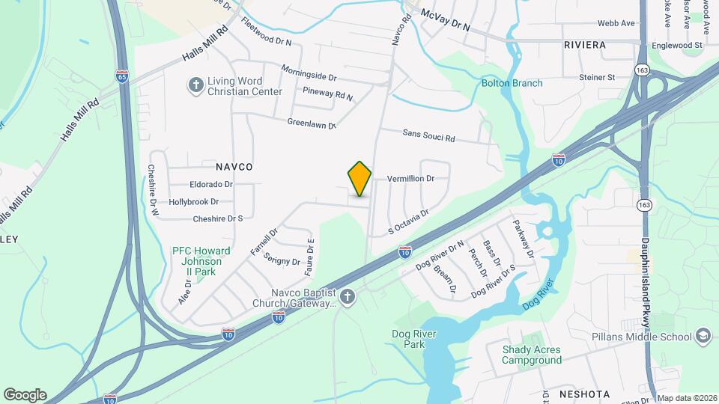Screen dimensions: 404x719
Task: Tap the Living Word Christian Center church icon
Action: (195, 85)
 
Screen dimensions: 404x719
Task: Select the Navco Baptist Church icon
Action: (346, 298)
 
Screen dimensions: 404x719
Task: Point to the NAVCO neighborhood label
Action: (234, 167)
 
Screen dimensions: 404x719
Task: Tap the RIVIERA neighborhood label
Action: (584, 45)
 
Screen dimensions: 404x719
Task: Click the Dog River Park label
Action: (408, 339)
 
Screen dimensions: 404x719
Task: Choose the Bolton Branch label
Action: (512, 83)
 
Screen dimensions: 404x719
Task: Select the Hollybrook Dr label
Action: (193, 202)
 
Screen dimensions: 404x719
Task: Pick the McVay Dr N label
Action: (445, 19)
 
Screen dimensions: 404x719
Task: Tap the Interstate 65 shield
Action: (122, 76)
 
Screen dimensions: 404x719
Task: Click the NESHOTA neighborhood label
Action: (584, 394)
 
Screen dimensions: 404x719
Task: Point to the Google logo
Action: (25, 394)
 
